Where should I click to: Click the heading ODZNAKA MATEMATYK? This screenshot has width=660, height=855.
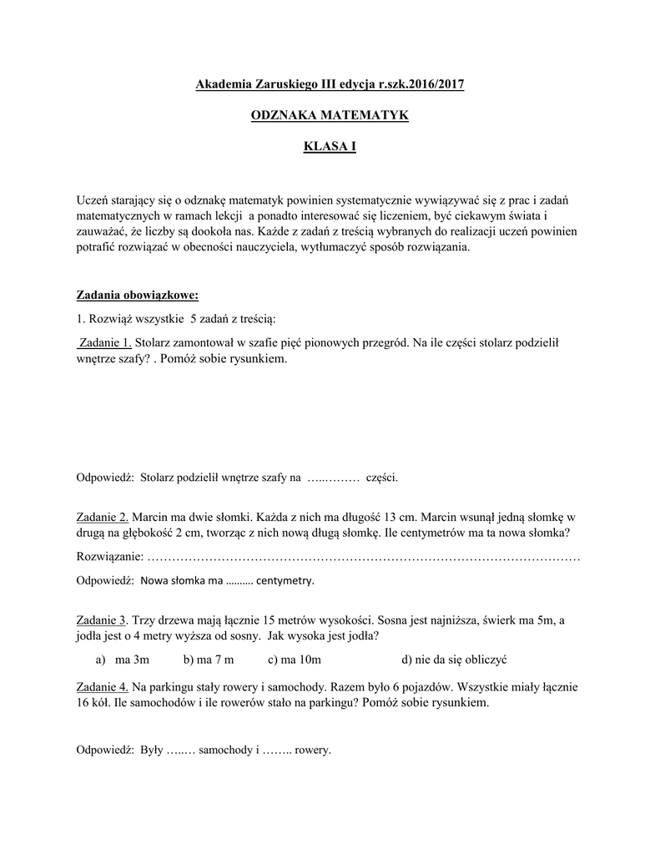point(330,115)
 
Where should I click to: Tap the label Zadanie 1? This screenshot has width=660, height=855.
point(104,341)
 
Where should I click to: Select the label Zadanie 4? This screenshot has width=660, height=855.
point(103,686)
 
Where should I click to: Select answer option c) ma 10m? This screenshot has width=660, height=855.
point(295,660)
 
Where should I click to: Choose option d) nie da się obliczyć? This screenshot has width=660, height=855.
point(454,660)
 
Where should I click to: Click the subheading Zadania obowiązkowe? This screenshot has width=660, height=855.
point(138,296)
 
